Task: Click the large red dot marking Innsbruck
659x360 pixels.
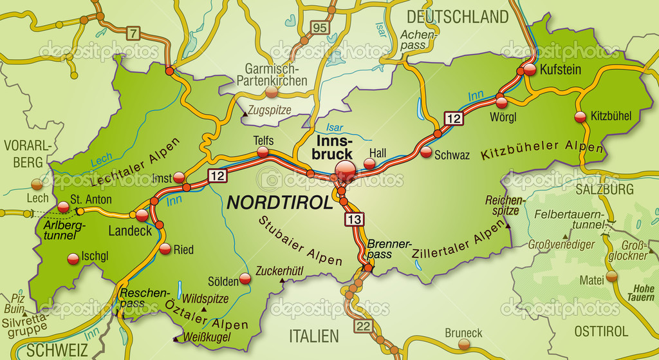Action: pyautogui.click(x=345, y=171)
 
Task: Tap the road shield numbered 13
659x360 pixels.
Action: pyautogui.click(x=354, y=220)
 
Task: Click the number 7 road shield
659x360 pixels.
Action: pyautogui.click(x=133, y=33)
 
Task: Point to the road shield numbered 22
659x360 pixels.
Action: pyautogui.click(x=364, y=327)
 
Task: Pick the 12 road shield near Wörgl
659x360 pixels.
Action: pyautogui.click(x=454, y=118)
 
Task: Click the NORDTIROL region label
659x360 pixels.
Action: pyautogui.click(x=280, y=203)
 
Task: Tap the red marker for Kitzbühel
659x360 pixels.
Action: pyautogui.click(x=580, y=117)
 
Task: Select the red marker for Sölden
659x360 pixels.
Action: pyautogui.click(x=245, y=279)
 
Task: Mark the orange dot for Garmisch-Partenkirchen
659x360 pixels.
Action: pyautogui.click(x=272, y=93)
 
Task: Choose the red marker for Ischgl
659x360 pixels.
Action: pyautogui.click(x=73, y=258)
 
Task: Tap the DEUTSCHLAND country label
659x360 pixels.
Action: pyautogui.click(x=457, y=16)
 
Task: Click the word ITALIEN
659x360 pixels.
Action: pyautogui.click(x=314, y=336)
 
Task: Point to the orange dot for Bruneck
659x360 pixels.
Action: pyautogui.click(x=464, y=346)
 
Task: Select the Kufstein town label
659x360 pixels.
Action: pyautogui.click(x=560, y=69)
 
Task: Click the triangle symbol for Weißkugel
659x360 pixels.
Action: pyautogui.click(x=174, y=338)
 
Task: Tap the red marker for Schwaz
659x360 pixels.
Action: pyautogui.click(x=426, y=152)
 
